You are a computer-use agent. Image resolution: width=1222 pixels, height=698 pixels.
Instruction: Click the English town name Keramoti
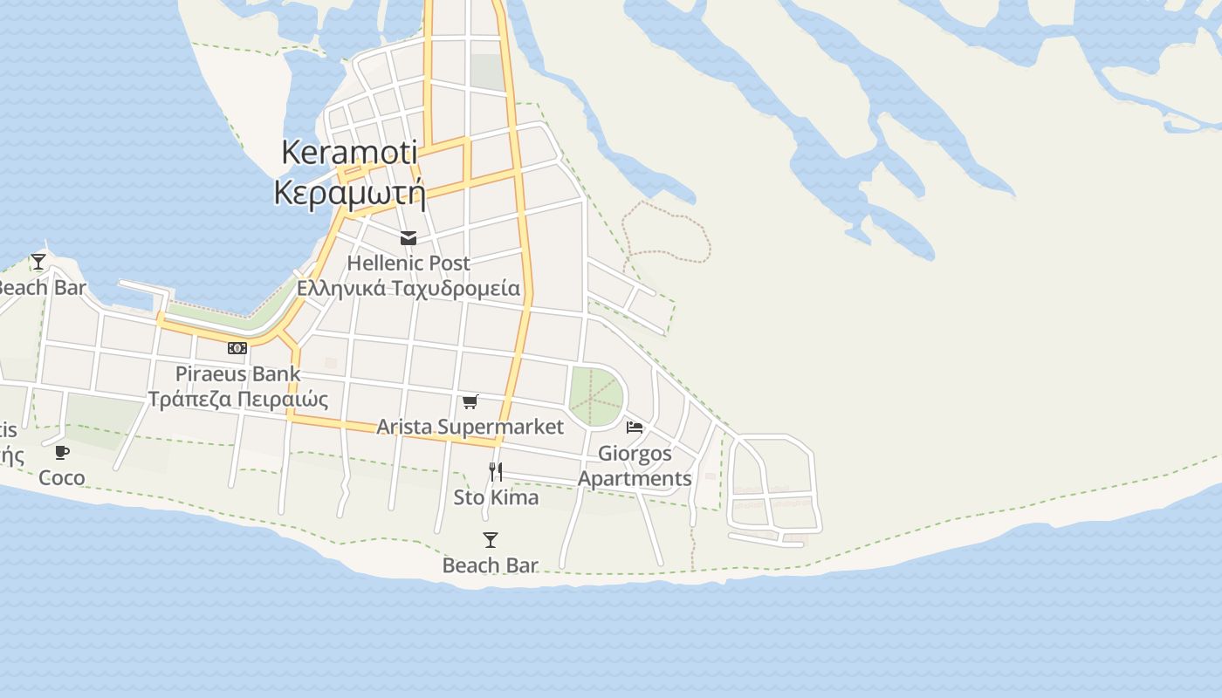click(x=348, y=153)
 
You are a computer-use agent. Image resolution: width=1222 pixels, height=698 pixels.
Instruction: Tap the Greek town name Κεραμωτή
click(x=349, y=192)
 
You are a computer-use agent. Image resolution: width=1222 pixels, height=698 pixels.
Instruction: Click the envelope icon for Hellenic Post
click(x=408, y=237)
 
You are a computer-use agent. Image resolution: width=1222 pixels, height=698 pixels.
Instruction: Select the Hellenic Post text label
click(x=408, y=263)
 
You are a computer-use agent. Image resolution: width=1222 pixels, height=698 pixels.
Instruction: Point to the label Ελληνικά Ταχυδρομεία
click(x=408, y=288)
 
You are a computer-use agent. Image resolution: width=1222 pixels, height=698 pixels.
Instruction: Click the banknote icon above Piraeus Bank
click(x=237, y=348)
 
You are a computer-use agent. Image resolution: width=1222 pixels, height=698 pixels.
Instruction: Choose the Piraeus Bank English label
click(x=237, y=373)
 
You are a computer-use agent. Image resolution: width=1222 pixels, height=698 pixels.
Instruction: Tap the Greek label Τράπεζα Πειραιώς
click(x=237, y=399)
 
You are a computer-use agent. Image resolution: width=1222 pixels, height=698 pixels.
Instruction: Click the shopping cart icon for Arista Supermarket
click(x=470, y=401)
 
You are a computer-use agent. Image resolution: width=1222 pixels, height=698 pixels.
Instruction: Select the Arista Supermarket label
click(x=470, y=427)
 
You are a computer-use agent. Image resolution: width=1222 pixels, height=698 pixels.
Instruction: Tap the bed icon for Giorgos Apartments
click(x=635, y=428)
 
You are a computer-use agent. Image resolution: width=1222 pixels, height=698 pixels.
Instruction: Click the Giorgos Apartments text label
click(x=635, y=466)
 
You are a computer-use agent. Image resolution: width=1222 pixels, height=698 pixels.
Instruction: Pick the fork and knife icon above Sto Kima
click(x=496, y=472)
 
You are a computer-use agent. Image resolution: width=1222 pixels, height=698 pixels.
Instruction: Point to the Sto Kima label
click(x=496, y=497)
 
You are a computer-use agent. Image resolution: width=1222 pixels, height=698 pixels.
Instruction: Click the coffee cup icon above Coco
click(x=62, y=452)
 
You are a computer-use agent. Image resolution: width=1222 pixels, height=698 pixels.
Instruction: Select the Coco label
click(x=62, y=477)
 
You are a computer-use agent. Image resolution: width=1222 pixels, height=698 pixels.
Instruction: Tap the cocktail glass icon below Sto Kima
click(x=491, y=540)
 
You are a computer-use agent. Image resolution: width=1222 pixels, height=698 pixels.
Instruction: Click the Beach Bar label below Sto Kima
click(x=490, y=565)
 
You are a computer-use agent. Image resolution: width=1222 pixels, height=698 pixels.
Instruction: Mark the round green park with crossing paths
click(x=596, y=396)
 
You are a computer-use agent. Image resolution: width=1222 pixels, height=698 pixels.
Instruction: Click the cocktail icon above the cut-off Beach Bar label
click(x=38, y=261)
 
